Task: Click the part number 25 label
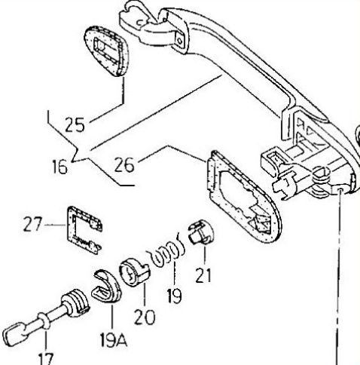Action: (75, 124)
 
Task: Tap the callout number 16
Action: (60, 167)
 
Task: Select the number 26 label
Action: (124, 165)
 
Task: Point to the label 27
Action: (32, 224)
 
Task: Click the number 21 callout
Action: (203, 275)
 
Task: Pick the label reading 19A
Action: (114, 340)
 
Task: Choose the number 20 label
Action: (145, 317)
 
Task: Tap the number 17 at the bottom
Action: (46, 359)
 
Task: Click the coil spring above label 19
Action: (167, 251)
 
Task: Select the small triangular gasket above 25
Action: (106, 51)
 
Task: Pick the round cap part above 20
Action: (133, 274)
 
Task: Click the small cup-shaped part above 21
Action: (201, 232)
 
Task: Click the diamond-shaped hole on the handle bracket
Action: (180, 41)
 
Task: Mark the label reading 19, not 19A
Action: (175, 296)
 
